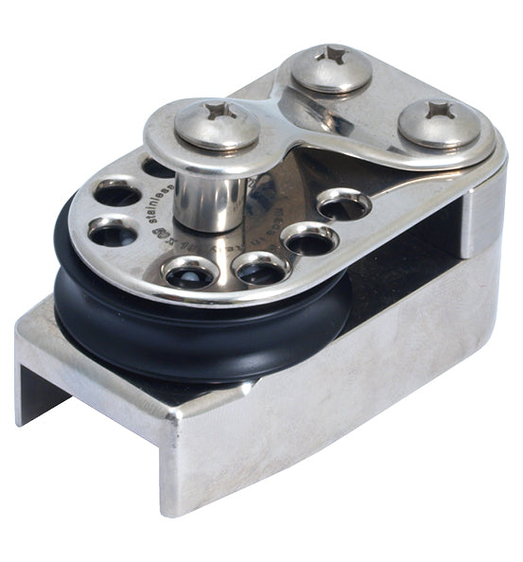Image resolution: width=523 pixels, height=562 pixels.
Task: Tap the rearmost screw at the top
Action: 330,68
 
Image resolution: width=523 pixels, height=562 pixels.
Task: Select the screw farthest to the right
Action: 438,123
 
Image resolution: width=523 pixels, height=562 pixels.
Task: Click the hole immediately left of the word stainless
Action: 116,195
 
